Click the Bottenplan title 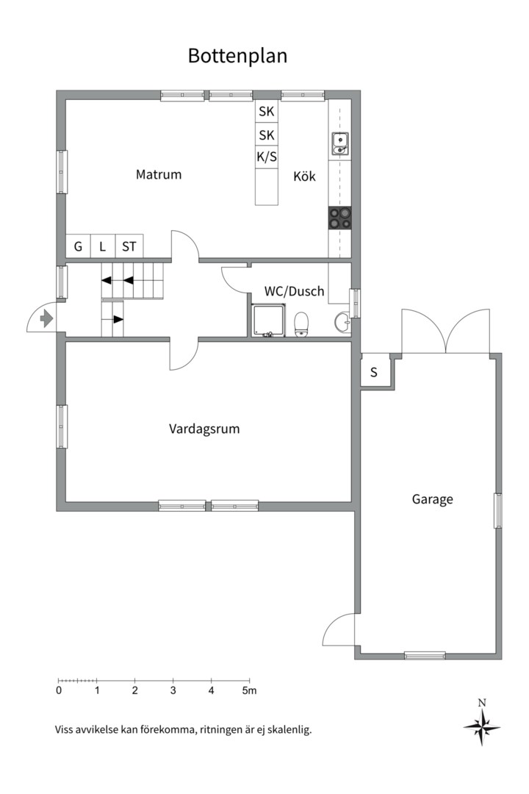pyautogui.click(x=237, y=56)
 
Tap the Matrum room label pyautogui.click(x=159, y=175)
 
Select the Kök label pyautogui.click(x=304, y=176)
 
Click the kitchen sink pyautogui.click(x=339, y=143)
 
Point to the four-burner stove pyautogui.click(x=339, y=218)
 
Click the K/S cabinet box pyautogui.click(x=267, y=157)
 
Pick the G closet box pyautogui.click(x=78, y=246)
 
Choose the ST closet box pyautogui.click(x=129, y=246)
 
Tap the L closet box pyautogui.click(x=103, y=246)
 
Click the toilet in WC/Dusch pyautogui.click(x=301, y=324)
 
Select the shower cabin pyautogui.click(x=268, y=320)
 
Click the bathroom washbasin pyautogui.click(x=342, y=323)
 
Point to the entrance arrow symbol pyautogui.click(x=46, y=319)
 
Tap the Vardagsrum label pyautogui.click(x=204, y=429)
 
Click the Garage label pyautogui.click(x=432, y=500)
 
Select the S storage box pyautogui.click(x=374, y=372)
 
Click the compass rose pyautogui.click(x=482, y=727)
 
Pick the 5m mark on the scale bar pyautogui.click(x=249, y=690)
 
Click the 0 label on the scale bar pyautogui.click(x=59, y=690)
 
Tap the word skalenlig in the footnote pyautogui.click(x=289, y=730)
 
